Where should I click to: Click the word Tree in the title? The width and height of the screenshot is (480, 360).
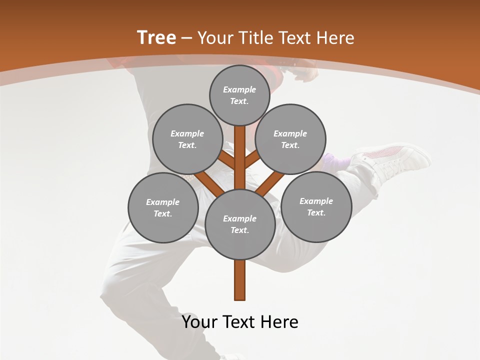click(x=156, y=37)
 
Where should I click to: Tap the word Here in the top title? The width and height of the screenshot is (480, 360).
click(x=335, y=38)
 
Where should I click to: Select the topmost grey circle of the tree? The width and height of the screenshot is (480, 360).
click(x=239, y=95)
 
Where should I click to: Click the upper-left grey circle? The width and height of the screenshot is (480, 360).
click(x=187, y=139)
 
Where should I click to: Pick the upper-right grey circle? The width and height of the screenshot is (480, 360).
click(x=290, y=139)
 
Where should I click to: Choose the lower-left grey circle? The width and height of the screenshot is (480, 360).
click(x=163, y=207)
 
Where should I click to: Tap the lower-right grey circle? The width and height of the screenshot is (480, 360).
click(x=316, y=206)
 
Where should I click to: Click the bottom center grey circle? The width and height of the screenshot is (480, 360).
click(x=240, y=224)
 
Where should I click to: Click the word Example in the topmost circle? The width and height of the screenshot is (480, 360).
click(x=239, y=89)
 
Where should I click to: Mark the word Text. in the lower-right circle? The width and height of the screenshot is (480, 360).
click(x=316, y=212)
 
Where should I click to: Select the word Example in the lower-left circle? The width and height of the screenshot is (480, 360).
click(x=163, y=202)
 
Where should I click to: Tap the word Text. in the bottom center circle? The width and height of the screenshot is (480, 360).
click(x=240, y=230)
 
